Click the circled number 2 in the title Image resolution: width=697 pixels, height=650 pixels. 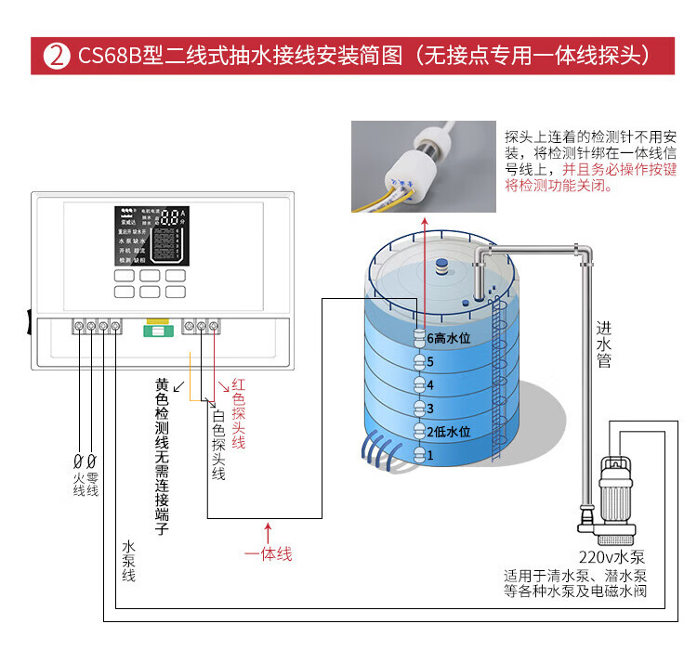pyautogui.click(x=56, y=55)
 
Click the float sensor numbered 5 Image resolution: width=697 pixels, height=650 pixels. pyautogui.click(x=419, y=361)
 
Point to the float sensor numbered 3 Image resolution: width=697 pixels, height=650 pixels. pyautogui.click(x=419, y=409)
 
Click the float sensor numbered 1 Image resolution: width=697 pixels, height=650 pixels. pyautogui.click(x=419, y=456)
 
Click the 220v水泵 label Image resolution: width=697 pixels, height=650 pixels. pyautogui.click(x=612, y=557)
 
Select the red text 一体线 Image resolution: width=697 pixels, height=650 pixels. pyautogui.click(x=268, y=553)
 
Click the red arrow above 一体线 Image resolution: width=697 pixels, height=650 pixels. pyautogui.click(x=268, y=531)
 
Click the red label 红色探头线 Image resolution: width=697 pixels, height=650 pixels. pyautogui.click(x=238, y=413)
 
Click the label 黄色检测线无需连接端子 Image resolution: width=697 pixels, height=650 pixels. pyautogui.click(x=163, y=456)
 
